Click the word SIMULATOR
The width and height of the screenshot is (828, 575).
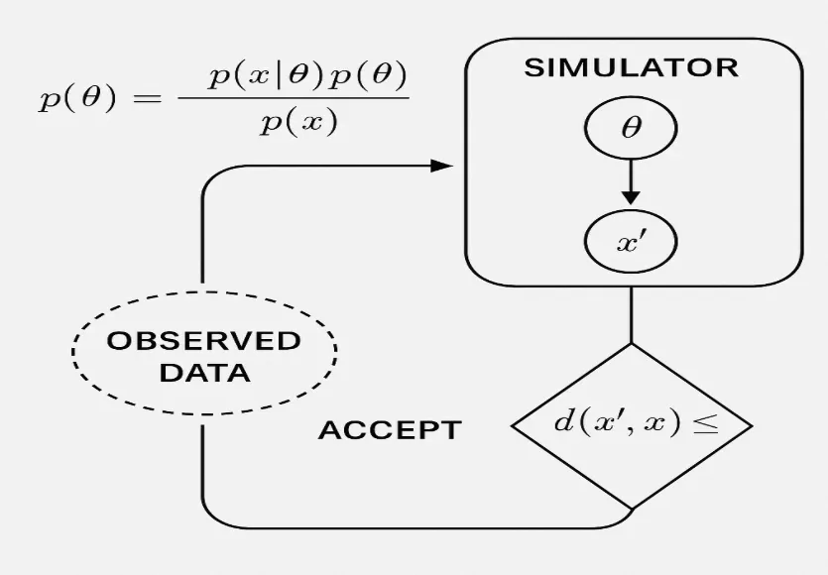631,68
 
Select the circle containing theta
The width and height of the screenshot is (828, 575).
631,129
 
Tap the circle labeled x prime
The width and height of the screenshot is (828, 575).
631,242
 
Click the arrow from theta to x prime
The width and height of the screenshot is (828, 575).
631,183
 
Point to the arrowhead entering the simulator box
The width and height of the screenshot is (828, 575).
443,166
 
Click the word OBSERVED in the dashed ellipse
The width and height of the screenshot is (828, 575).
204,341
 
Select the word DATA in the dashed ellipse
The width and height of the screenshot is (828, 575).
204,374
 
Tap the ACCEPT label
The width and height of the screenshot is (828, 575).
389,431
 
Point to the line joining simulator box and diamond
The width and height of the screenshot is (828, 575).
631,315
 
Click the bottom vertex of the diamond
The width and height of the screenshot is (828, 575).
631,509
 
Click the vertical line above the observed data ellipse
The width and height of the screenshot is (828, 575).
202,238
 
